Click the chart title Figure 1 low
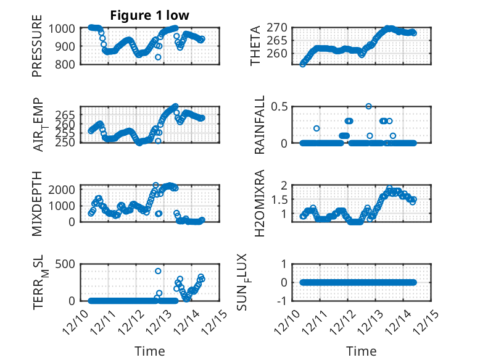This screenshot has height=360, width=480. click(x=149, y=15)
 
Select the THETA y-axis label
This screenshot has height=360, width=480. click(x=255, y=46)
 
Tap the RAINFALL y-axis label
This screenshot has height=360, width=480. click(x=260, y=125)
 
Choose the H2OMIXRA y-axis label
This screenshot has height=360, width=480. click(x=260, y=203)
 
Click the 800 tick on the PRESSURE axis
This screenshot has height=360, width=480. click(x=66, y=64)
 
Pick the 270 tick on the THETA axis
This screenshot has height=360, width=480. click(x=278, y=28)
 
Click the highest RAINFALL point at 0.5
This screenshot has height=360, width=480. click(x=368, y=106)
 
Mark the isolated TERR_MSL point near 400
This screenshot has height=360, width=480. click(x=158, y=271)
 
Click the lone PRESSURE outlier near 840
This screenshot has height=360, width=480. click(x=158, y=57)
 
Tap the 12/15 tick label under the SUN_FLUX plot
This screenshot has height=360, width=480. click(x=426, y=322)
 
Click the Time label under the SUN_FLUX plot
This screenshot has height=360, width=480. click(x=361, y=351)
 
